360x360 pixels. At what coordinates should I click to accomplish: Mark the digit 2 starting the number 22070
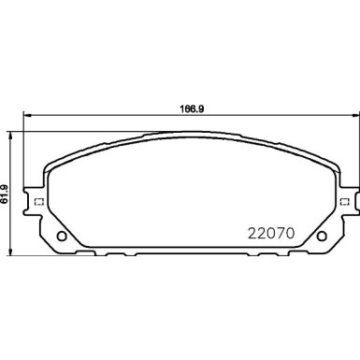point(251,229)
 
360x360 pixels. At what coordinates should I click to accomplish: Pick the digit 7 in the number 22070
point(279,229)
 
